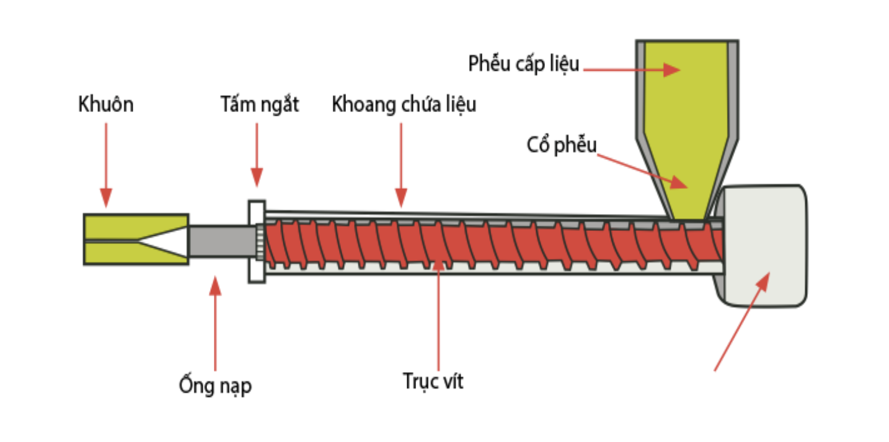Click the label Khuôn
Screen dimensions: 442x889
pos(105,105)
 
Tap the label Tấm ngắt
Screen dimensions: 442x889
pos(260,105)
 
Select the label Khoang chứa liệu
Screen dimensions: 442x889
pos(404,105)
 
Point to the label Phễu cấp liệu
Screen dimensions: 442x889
pos(524,63)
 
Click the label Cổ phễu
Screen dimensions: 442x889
pos(562,146)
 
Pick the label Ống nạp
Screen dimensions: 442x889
pos(215,386)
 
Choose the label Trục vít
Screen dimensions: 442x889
pos(433,381)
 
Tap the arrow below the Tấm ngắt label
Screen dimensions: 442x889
pos(257,155)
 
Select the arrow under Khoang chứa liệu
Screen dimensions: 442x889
pos(401,164)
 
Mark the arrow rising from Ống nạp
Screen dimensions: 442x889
pos(215,323)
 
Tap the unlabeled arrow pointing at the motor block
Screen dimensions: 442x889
pos(741,322)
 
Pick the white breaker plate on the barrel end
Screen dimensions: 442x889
pos(257,241)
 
